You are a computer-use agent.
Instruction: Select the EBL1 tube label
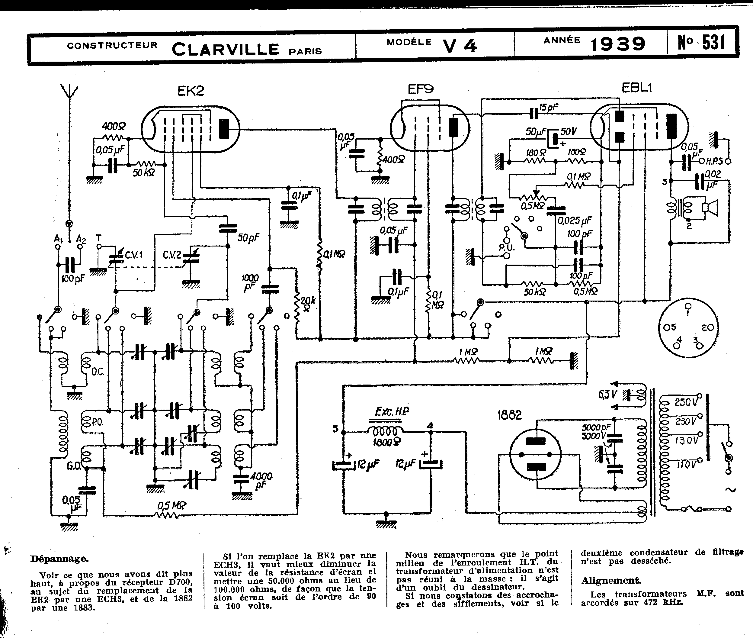click(x=636, y=88)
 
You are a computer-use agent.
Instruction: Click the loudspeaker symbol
click(x=711, y=208)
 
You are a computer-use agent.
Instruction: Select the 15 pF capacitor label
click(x=548, y=108)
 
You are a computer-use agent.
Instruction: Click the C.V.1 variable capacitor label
click(x=134, y=255)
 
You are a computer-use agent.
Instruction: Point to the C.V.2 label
click(x=172, y=255)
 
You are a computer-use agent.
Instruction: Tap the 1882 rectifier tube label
click(x=509, y=415)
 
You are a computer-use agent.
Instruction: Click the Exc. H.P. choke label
click(x=392, y=412)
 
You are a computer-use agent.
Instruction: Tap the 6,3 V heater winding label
click(x=607, y=394)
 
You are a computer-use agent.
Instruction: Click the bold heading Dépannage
click(x=59, y=559)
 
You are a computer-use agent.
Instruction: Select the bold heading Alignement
click(x=610, y=581)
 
